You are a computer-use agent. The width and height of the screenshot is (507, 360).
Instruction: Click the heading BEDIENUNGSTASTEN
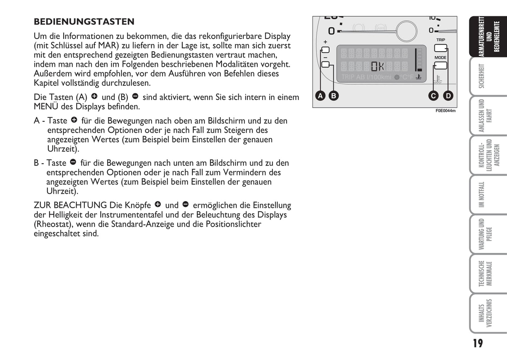pos(84,22)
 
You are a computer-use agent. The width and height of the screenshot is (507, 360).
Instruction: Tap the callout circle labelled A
pos(320,95)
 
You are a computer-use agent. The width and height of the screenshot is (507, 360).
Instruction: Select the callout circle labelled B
pos(333,95)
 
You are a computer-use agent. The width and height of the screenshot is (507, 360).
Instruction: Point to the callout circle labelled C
pos(433,96)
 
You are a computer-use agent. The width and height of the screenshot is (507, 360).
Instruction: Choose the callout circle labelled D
pos(448,96)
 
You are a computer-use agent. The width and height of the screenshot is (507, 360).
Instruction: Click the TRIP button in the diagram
pos(441,48)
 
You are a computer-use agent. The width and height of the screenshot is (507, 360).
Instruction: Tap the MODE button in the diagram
pos(440,66)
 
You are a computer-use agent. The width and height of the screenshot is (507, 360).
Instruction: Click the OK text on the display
pos(378,66)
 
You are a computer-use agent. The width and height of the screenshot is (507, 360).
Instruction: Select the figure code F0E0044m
pos(445,111)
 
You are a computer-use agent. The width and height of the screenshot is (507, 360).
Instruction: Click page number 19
pos(478,343)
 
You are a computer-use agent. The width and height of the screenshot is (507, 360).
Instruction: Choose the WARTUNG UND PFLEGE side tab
pos(486,234)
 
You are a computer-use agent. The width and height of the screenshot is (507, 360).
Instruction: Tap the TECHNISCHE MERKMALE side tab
pos(486,273)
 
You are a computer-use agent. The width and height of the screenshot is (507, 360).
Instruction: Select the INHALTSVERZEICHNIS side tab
pos(486,313)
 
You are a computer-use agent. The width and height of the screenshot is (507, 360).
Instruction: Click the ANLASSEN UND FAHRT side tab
pos(486,115)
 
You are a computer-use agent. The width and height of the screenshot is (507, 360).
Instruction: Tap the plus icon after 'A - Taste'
pos(74,120)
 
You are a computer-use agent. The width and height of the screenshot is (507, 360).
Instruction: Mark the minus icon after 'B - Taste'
pos(73,162)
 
